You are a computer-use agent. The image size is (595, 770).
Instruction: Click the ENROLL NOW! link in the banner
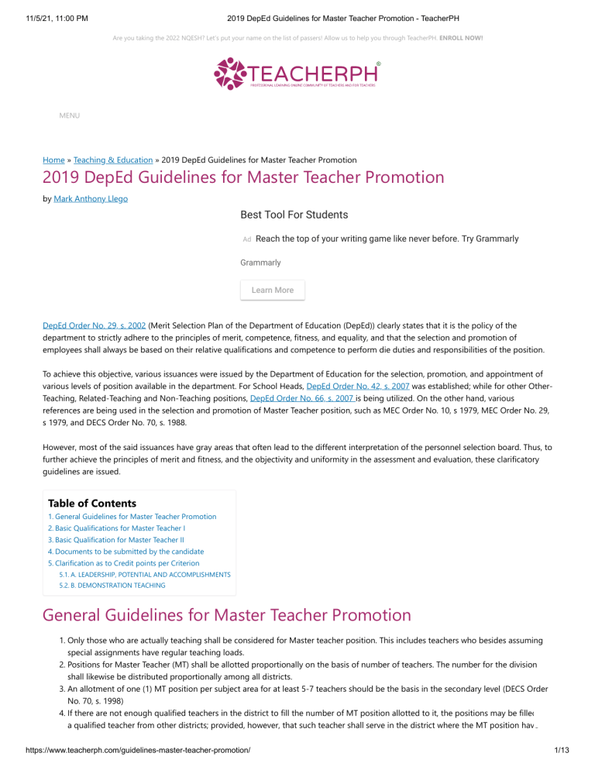[460, 37]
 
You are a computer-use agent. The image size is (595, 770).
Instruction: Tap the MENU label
[69, 115]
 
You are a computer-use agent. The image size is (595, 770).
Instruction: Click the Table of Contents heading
[91, 503]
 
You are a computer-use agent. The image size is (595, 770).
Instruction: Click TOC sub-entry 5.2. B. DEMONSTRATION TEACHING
[112, 586]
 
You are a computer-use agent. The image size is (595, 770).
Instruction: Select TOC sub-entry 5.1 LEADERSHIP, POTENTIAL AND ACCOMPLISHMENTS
[144, 575]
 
